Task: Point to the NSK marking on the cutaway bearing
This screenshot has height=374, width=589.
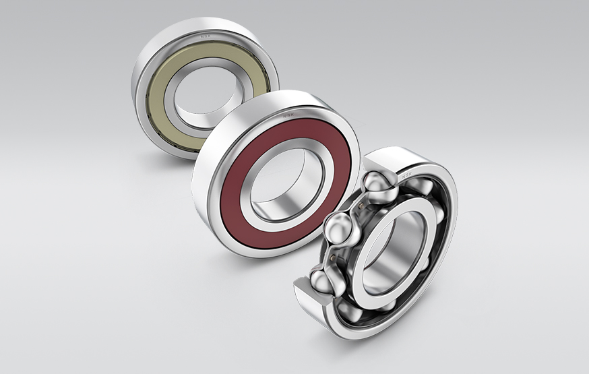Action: (x=408, y=177)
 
